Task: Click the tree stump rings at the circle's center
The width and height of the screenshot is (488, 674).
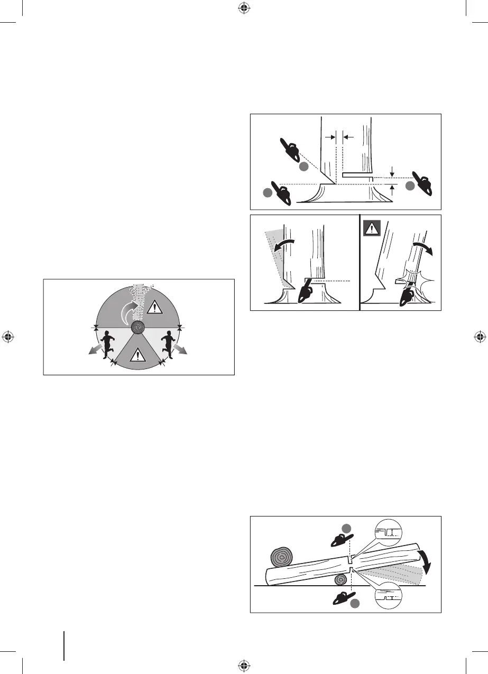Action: [x=138, y=328]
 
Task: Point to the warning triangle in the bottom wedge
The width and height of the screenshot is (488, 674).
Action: [x=137, y=355]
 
